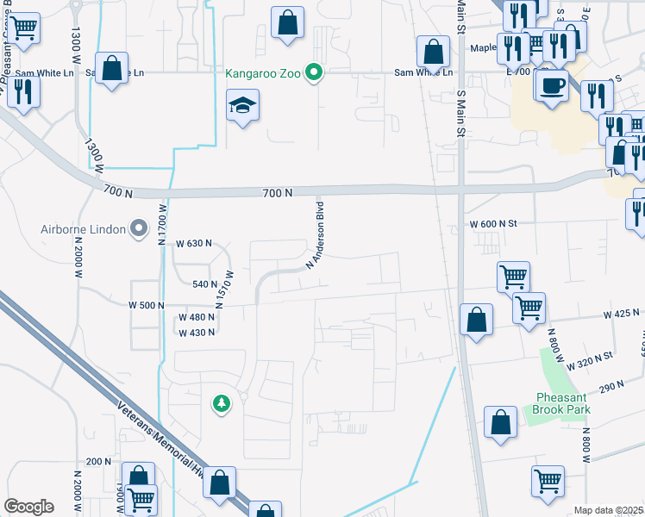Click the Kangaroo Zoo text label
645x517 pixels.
(x=263, y=73)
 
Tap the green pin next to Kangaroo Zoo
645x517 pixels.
(x=315, y=73)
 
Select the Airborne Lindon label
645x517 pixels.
(x=83, y=229)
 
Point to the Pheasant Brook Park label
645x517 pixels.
(x=562, y=403)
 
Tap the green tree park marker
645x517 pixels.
(x=222, y=402)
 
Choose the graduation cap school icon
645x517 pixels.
(x=243, y=106)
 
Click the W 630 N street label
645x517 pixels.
(x=194, y=244)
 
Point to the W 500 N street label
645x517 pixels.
(x=146, y=305)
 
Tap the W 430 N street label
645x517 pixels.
(x=196, y=333)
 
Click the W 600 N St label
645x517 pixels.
(x=492, y=224)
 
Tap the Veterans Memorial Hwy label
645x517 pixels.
(x=154, y=423)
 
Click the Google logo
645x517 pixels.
(x=28, y=507)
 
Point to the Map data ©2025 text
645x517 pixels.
(x=609, y=510)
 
